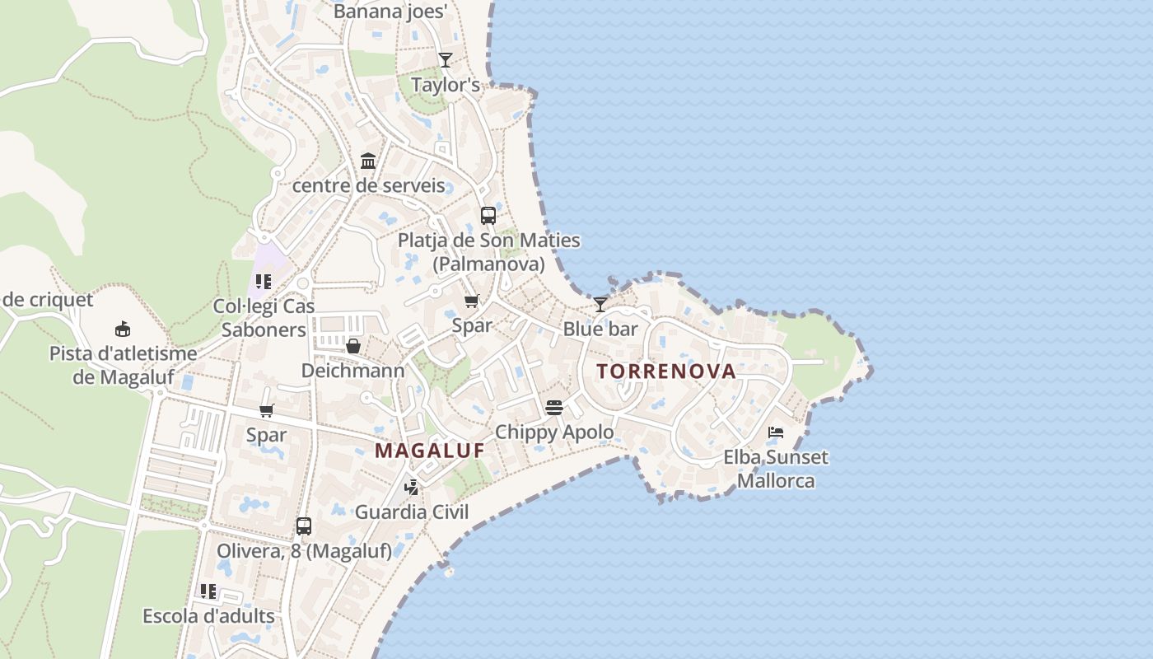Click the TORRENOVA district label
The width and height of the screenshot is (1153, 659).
coord(666,372)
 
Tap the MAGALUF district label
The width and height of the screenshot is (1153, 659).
coord(429,451)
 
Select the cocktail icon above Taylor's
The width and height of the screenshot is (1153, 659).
coord(446,59)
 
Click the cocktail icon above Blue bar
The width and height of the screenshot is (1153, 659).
coord(601,304)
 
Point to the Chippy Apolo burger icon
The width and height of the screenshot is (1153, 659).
coord(553,407)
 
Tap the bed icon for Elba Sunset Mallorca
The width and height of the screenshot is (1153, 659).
coord(775,432)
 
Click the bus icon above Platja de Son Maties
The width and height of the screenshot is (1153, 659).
coord(488,216)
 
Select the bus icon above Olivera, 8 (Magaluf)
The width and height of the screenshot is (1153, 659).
coord(304,526)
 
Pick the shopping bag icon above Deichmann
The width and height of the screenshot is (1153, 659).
coord(353,346)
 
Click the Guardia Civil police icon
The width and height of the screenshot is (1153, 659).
coord(412,487)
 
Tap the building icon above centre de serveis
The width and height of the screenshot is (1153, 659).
coord(368,161)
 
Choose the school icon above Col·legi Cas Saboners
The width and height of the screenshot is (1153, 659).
coord(264,282)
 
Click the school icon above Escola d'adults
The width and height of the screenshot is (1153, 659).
coord(208,591)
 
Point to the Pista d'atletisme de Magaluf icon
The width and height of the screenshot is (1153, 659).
coord(123,329)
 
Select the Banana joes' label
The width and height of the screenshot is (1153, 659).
coord(390,12)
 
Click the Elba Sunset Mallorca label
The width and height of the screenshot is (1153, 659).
coord(776,469)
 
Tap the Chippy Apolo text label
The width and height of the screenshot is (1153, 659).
coord(554,432)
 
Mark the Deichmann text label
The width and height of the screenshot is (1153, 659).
coord(352,371)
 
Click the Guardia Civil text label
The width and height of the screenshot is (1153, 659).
coord(412,512)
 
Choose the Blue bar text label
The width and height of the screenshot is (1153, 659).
coord(600,329)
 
